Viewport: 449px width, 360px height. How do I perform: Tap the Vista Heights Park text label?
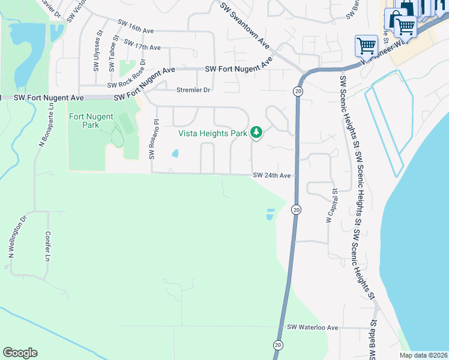point(213,133)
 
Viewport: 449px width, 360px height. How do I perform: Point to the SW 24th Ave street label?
point(271,176)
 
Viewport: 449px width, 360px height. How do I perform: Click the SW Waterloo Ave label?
point(313,328)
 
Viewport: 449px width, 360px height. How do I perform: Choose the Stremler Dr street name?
point(193,90)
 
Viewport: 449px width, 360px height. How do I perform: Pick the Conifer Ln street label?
point(47,247)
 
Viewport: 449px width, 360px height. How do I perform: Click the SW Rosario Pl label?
point(154,139)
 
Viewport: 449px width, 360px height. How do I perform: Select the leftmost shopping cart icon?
point(366,45)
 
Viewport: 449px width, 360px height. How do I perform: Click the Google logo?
point(20,352)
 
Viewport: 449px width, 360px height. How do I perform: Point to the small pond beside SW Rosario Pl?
point(175,153)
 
